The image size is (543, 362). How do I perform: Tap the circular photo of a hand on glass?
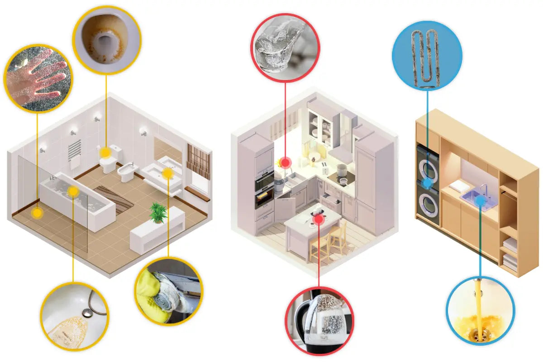pyautogui.click(x=38, y=77)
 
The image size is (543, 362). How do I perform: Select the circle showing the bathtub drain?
pyautogui.click(x=74, y=315)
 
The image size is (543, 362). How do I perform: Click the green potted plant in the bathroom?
pyautogui.click(x=158, y=213)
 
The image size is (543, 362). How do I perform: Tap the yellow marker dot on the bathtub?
pyautogui.click(x=73, y=192)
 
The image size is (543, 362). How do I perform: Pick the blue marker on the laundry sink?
pyautogui.click(x=481, y=198)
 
